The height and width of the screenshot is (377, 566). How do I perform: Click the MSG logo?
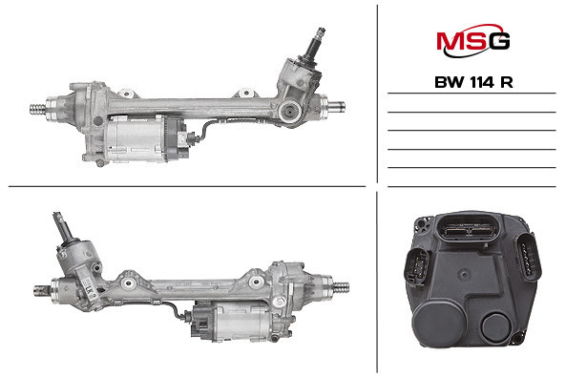472,41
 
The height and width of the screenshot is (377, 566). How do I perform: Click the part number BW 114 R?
472,82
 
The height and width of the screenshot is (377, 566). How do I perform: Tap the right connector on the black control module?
527,259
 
